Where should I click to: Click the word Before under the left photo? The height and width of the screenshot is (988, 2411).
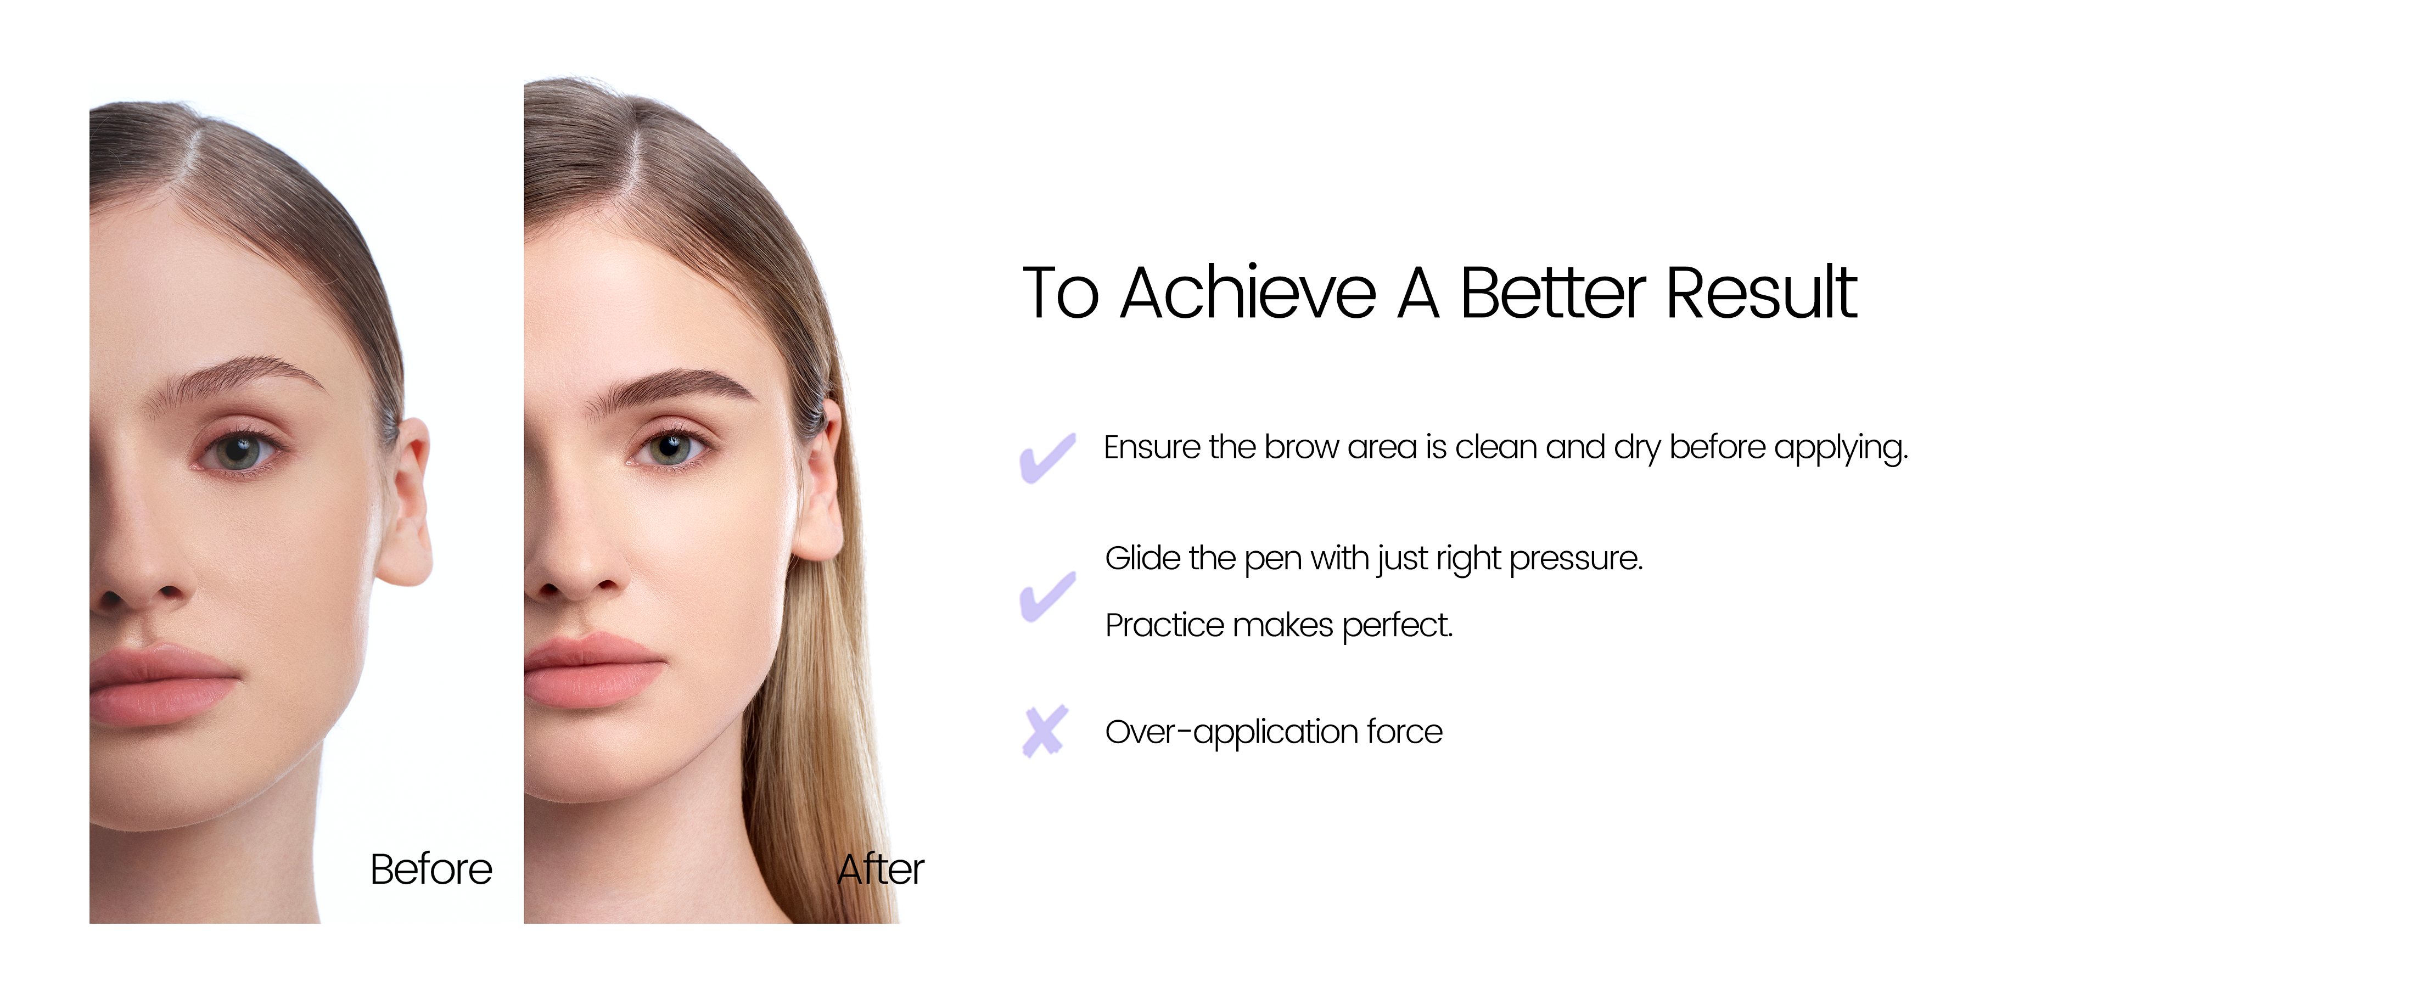[431, 869]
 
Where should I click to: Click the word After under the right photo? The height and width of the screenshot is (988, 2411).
[881, 869]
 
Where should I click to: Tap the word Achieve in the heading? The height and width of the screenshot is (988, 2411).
[1248, 293]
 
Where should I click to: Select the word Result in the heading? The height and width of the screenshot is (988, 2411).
[1762, 293]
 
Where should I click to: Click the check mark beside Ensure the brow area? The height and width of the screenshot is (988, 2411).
[1047, 458]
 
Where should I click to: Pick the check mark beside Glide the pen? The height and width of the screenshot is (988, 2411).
[1047, 596]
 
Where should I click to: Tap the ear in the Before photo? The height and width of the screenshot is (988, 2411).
[405, 502]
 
